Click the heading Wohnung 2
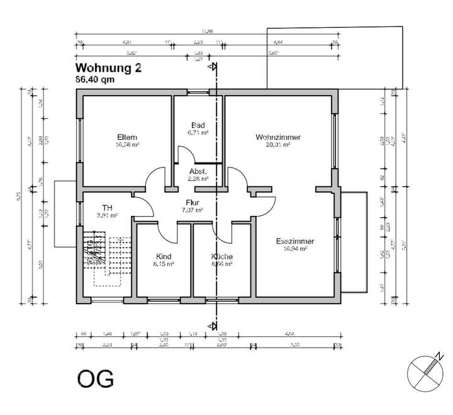pos(108,68)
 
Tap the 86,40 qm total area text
pos(94,80)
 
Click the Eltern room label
pos(127,137)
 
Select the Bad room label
pos(198,125)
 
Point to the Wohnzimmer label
pos(277,137)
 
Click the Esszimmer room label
pos(294,241)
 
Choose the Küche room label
pos(222,256)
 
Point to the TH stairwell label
pos(108,207)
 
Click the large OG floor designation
pos(96,378)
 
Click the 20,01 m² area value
pos(277,145)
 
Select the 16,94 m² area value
pos(294,249)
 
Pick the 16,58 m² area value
pos(127,145)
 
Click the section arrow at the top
pos(215,66)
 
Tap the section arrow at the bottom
pos(215,326)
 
